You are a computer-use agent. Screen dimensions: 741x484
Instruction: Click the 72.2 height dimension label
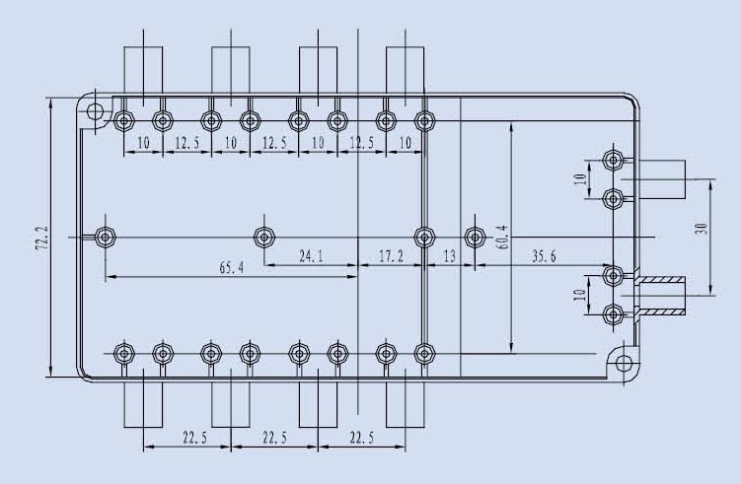pyautogui.click(x=42, y=237)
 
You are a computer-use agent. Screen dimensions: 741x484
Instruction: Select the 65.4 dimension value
pyautogui.click(x=231, y=268)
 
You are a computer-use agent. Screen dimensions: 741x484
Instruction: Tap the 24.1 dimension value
pyautogui.click(x=311, y=256)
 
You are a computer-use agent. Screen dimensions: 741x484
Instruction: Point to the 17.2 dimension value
pyautogui.click(x=392, y=256)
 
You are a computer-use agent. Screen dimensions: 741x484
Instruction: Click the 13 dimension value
pyautogui.click(x=449, y=256)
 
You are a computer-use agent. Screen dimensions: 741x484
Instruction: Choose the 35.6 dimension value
pyautogui.click(x=544, y=256)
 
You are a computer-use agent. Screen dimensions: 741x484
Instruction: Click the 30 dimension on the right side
pyautogui.click(x=702, y=229)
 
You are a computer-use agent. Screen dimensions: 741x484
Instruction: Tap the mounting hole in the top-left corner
pyautogui.click(x=95, y=112)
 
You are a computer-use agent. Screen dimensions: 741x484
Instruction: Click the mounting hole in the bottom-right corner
pyautogui.click(x=624, y=364)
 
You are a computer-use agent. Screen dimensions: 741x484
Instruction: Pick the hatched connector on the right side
pyautogui.click(x=661, y=295)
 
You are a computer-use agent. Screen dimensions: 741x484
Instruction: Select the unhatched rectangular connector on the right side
pyautogui.click(x=660, y=179)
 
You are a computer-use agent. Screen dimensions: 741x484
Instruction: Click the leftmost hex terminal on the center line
pyautogui.click(x=105, y=237)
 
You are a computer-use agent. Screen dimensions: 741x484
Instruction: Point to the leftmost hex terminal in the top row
pyautogui.click(x=123, y=121)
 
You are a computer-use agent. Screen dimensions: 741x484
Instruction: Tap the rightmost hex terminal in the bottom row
pyautogui.click(x=424, y=353)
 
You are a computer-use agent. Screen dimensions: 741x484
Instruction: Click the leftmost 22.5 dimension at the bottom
pyautogui.click(x=194, y=438)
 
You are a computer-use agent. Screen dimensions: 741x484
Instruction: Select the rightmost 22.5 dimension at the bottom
pyautogui.click(x=361, y=438)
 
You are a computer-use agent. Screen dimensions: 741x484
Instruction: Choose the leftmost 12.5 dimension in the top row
pyautogui.click(x=187, y=143)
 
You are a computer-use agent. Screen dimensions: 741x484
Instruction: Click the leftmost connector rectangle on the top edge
pyautogui.click(x=143, y=70)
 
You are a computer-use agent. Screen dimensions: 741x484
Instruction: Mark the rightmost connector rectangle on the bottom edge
pyautogui.click(x=405, y=404)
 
